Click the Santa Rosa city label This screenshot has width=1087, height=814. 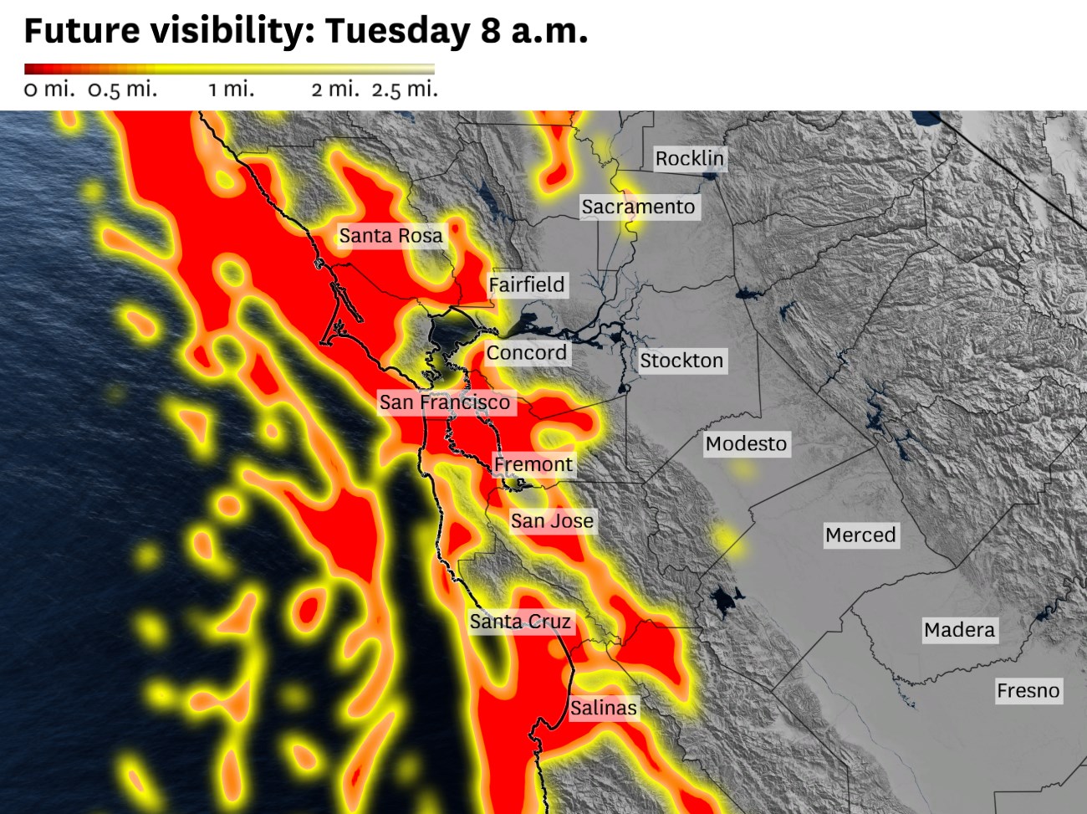[x=390, y=236]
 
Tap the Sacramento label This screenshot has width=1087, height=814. [x=639, y=207]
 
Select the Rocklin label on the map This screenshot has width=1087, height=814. [x=690, y=158]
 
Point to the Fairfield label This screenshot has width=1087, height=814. [x=527, y=284]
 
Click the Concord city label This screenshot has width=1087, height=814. [x=527, y=353]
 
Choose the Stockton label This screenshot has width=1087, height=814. [x=681, y=361]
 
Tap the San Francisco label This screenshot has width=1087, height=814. [x=445, y=402]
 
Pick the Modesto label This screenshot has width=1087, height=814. [x=747, y=443]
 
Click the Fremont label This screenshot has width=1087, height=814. [x=533, y=464]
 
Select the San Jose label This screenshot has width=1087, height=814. [x=553, y=521]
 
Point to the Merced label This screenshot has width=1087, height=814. [x=860, y=535]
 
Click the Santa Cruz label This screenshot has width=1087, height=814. [x=520, y=622]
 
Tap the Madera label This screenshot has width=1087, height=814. [x=960, y=630]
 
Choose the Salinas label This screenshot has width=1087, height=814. [x=604, y=708]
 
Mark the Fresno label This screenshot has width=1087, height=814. [x=1028, y=691]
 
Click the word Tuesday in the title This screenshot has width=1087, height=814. [x=398, y=31]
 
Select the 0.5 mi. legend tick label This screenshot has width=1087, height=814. [x=122, y=90]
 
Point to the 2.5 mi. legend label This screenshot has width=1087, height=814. [x=405, y=90]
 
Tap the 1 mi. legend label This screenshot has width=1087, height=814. [x=232, y=90]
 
